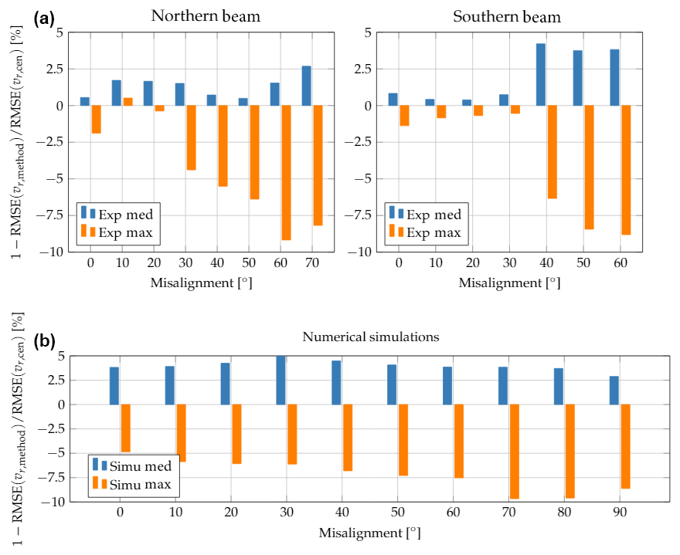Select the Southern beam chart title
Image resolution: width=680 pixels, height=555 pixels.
507,16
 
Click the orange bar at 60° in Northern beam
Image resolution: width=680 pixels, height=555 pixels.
286,173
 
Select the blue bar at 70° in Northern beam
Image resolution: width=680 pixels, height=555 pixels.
307,86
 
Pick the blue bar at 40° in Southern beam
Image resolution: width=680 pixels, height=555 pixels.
541,74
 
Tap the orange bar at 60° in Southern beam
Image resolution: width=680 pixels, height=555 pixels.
626,170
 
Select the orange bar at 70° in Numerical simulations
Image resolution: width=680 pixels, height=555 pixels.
514,452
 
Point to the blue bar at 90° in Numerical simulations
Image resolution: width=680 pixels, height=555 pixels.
614,391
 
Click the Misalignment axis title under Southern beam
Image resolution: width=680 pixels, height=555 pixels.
509,283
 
